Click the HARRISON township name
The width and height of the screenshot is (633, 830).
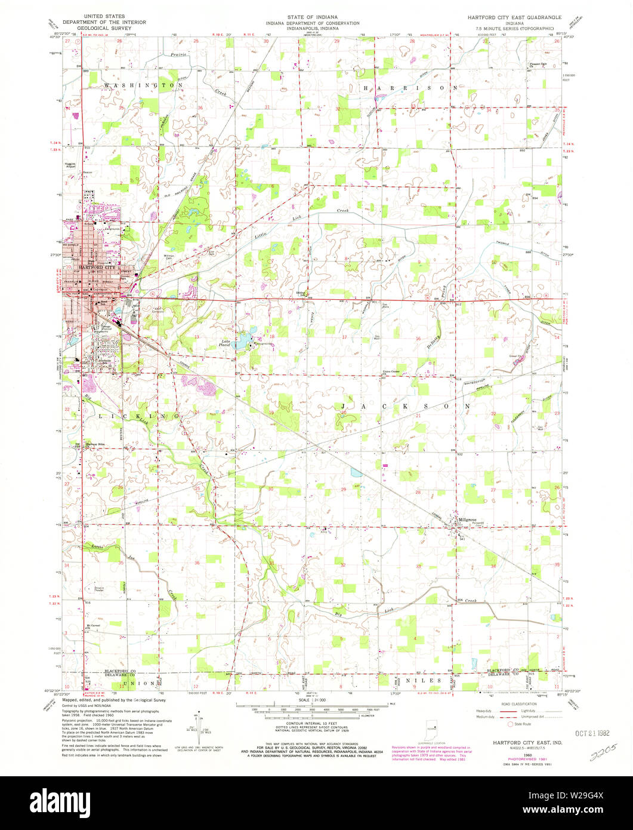pos(412,87)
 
